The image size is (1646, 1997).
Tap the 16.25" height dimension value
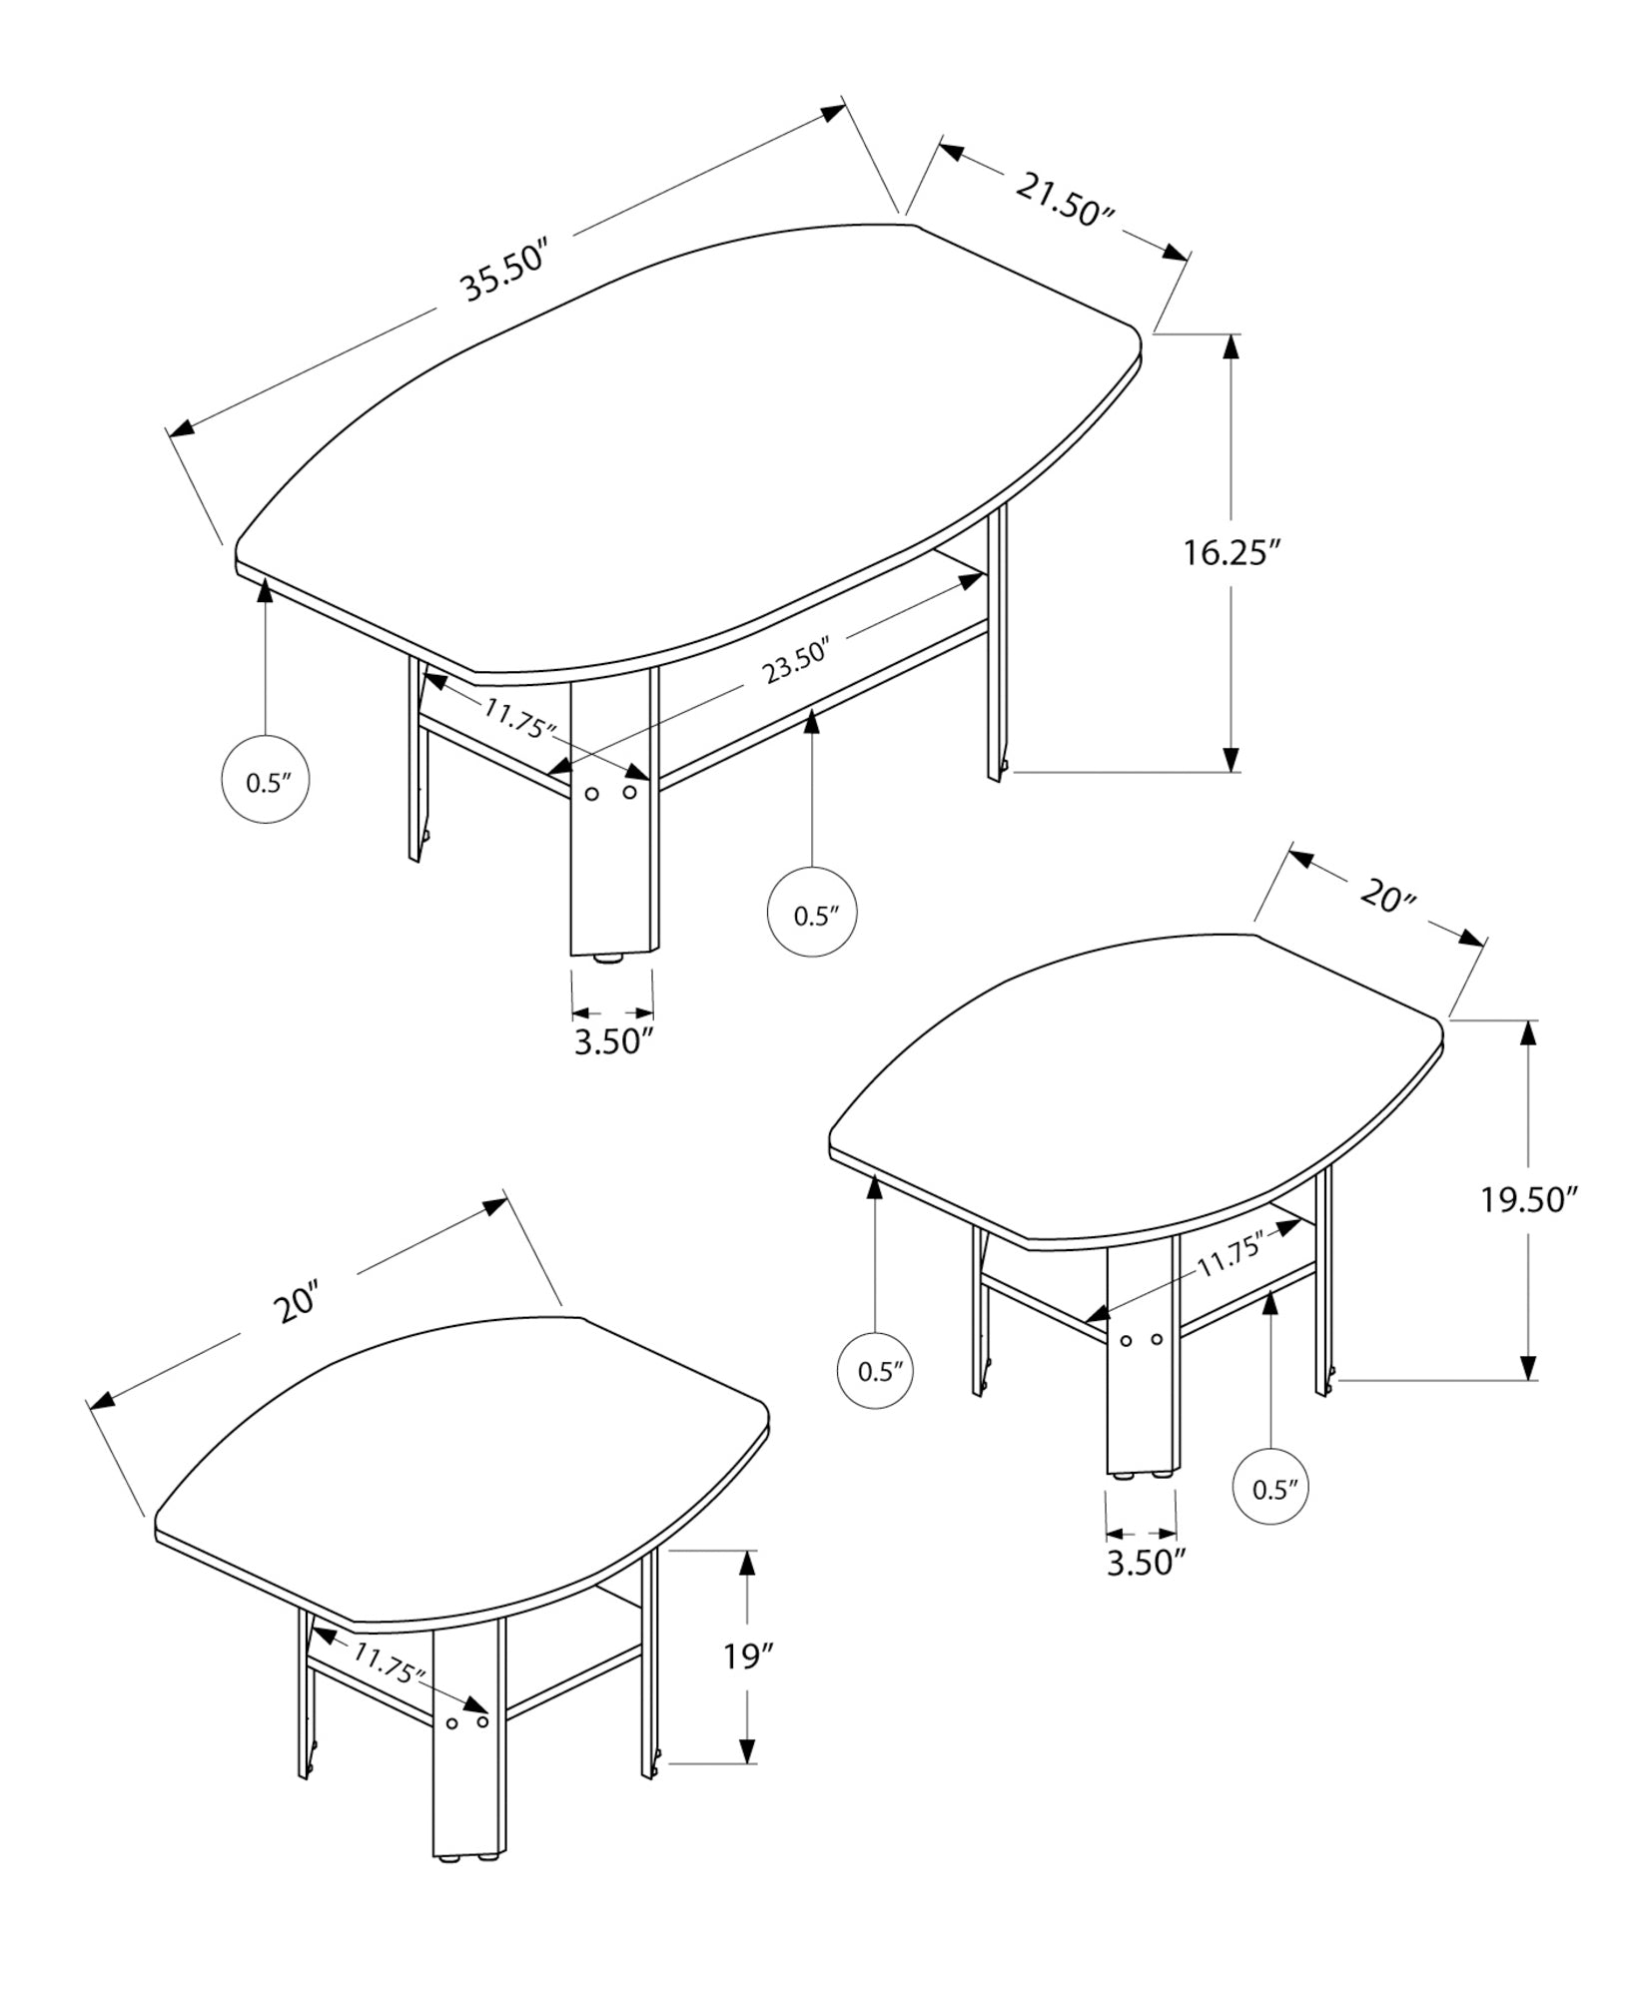1232,552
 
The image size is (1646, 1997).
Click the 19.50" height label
1527,1199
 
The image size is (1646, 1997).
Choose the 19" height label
749,1658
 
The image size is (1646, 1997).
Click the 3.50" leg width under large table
613,1041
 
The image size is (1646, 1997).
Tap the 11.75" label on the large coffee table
519,718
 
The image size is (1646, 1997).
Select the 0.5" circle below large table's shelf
812,915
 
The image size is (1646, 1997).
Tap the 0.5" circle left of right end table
875,1371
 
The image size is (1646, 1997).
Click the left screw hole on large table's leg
591,794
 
